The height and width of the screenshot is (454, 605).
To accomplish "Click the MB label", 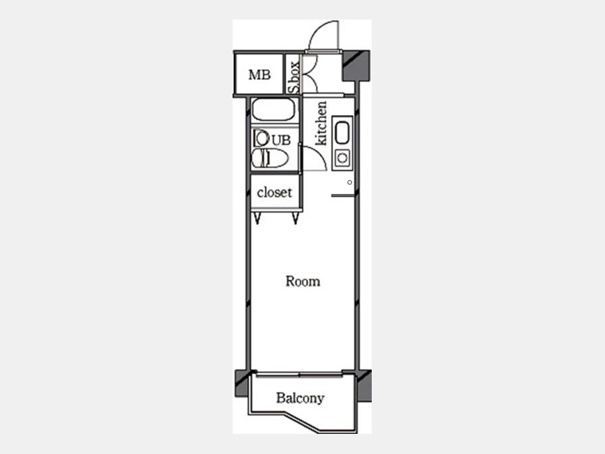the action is click(259, 75).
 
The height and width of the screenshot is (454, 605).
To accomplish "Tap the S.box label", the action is click(295, 77).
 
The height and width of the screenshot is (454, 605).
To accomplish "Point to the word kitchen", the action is click(321, 124).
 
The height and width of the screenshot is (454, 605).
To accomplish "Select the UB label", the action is click(281, 140).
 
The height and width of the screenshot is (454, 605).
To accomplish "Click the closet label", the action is click(274, 192).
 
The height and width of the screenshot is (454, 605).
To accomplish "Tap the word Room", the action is click(303, 281).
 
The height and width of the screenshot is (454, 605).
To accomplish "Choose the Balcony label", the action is click(300, 398).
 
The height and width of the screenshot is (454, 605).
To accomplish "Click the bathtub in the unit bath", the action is click(274, 110).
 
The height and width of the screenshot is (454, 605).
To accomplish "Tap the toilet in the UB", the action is click(270, 158).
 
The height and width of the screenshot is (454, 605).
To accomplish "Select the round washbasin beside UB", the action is click(261, 138).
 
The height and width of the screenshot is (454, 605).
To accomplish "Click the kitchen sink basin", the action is click(342, 133).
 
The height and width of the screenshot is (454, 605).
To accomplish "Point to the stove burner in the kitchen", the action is click(342, 158).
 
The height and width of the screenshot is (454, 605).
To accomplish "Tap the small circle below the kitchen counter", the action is click(350, 182).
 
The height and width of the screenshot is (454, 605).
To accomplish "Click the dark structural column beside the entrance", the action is click(356, 66).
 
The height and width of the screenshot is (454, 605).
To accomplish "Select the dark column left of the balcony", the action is click(242, 383).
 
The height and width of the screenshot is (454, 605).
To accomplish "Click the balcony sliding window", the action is click(299, 374).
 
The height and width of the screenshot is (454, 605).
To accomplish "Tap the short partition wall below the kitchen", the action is click(343, 196).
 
